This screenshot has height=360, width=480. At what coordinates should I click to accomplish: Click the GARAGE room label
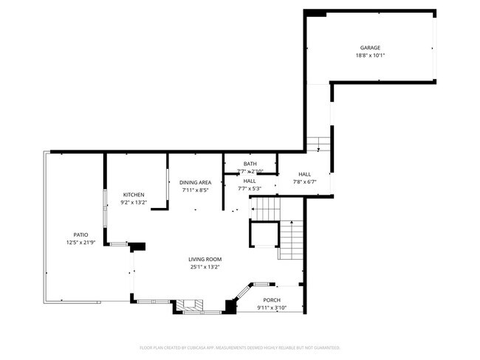pos(370,47)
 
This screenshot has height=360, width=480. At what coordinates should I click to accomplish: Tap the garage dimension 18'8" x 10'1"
pos(370,55)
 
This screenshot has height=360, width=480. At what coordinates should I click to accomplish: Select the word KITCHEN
pos(134,195)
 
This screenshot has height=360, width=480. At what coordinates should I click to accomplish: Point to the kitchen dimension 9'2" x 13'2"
pos(134,203)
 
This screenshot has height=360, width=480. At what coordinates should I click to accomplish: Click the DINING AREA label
pos(196,182)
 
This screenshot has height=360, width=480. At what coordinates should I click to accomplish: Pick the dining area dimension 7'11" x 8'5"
pos(196,190)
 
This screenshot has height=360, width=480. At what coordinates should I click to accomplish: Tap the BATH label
pos(250,164)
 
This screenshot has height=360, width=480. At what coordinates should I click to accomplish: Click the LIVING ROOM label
pos(205,259)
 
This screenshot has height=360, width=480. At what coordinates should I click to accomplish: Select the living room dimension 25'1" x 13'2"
pos(205,267)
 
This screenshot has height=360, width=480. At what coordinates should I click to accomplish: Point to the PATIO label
pos(80,235)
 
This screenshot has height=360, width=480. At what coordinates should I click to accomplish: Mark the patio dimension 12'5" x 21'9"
pos(80,243)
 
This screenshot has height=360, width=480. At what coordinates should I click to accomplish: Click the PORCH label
pos(272,300)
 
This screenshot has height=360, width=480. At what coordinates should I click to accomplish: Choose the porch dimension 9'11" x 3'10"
pos(272,308)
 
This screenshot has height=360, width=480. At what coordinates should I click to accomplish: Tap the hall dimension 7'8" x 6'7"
pos(304,182)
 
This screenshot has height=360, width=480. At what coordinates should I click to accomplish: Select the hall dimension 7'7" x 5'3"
pos(250,189)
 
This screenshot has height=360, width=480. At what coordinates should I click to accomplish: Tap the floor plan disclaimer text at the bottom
pos(240,347)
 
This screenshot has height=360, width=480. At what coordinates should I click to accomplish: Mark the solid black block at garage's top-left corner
pos(316,13)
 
